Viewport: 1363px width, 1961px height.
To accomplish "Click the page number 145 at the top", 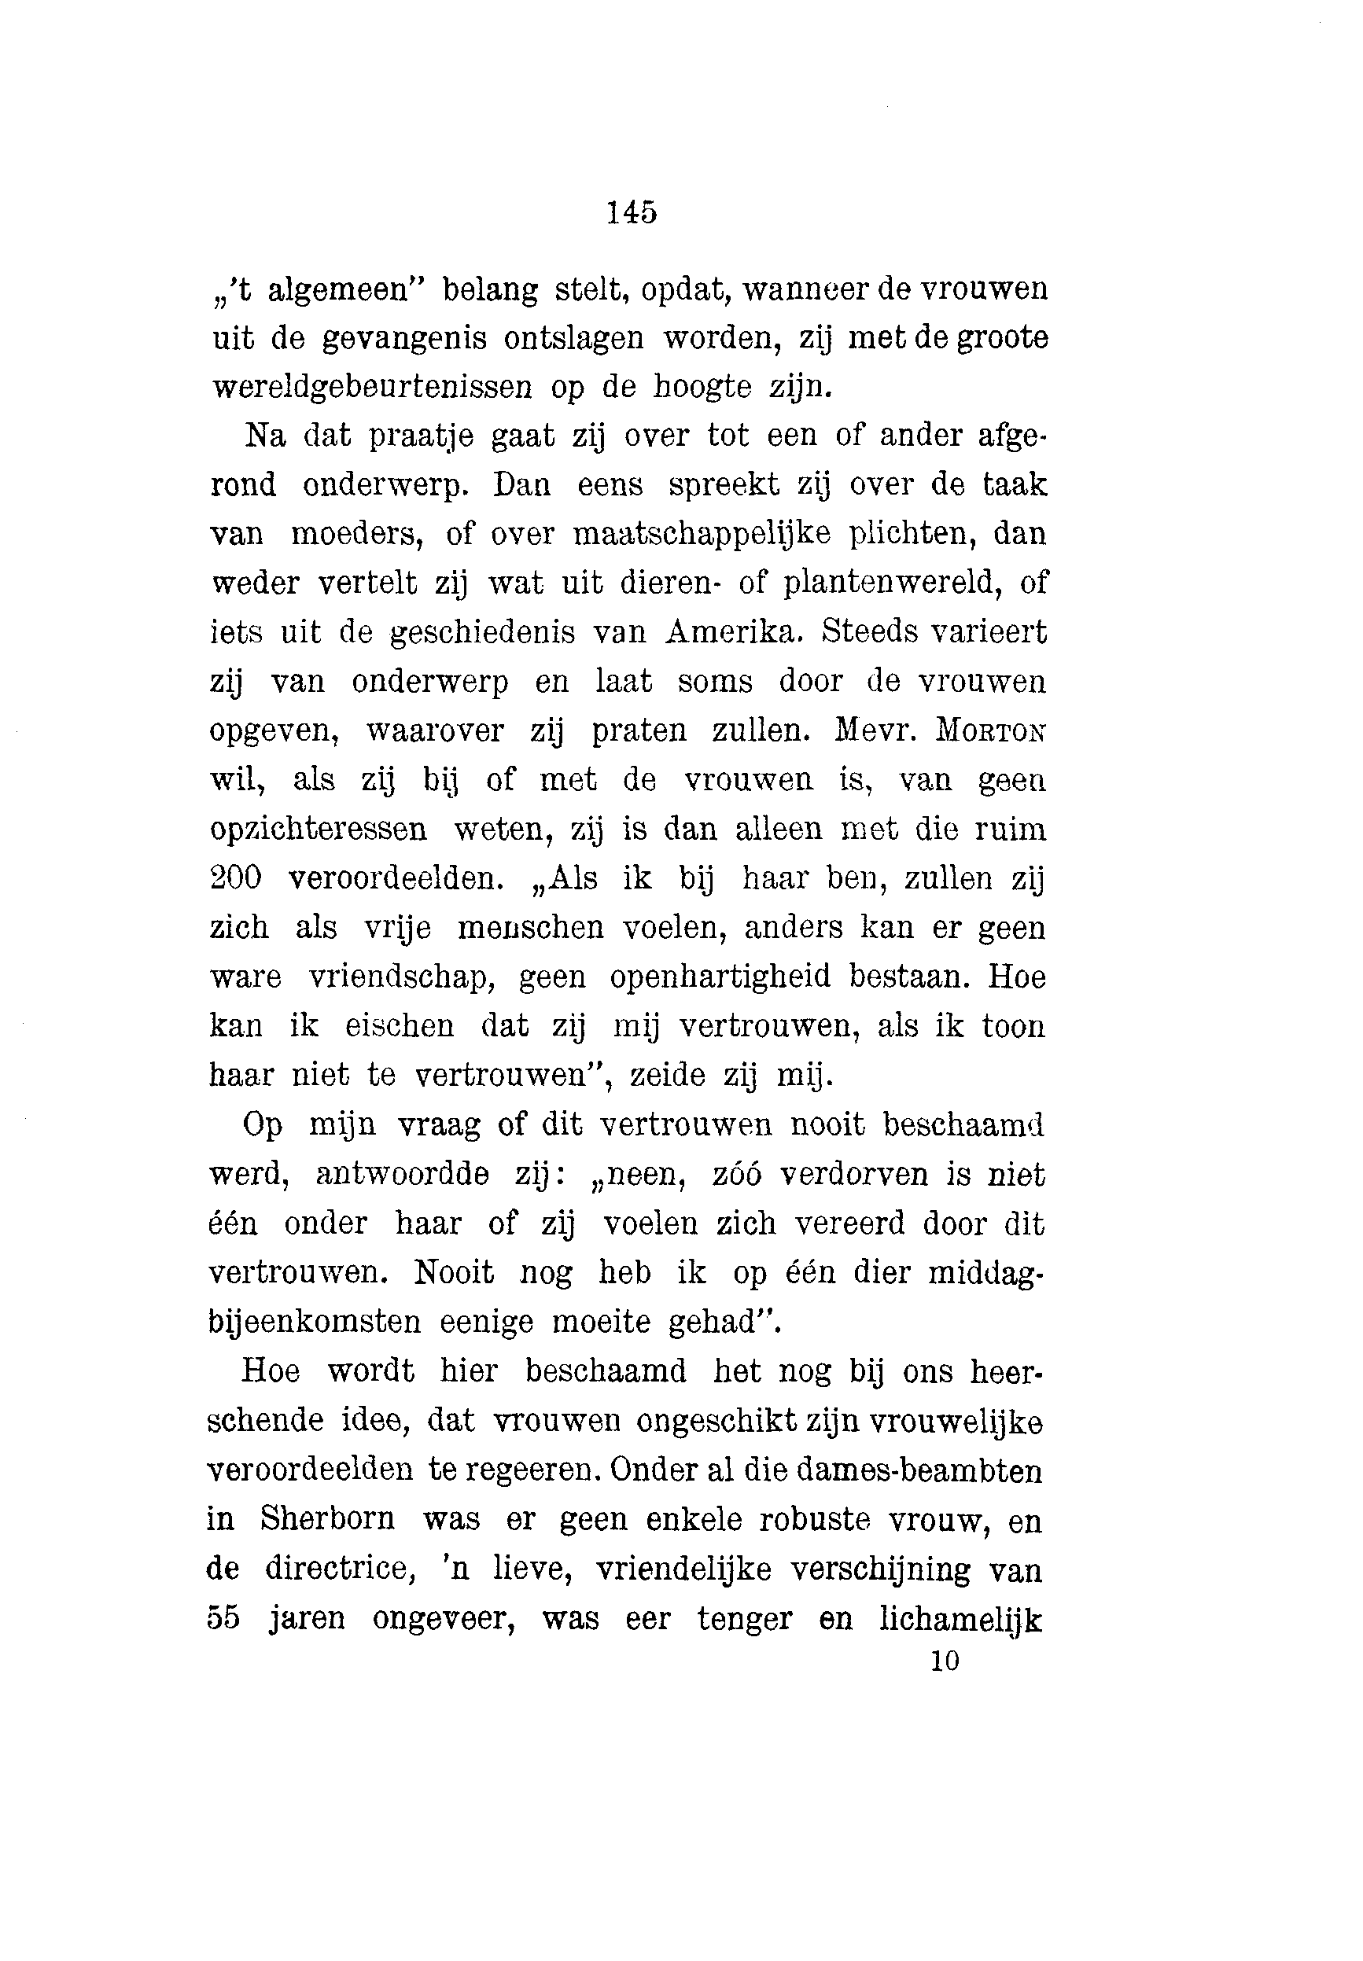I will tap(632, 212).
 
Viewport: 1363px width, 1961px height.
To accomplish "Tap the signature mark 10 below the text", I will tap(945, 1661).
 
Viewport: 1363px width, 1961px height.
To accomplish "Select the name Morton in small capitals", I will tap(991, 731).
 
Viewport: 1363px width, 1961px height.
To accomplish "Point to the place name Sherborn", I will tap(327, 1519).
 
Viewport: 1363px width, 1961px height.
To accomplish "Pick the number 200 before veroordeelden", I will tap(236, 878).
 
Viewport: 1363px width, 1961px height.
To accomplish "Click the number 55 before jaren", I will tap(223, 1619).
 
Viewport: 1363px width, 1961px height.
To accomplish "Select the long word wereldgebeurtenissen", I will tap(371, 388).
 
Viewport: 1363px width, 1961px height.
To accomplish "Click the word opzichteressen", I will tap(318, 830).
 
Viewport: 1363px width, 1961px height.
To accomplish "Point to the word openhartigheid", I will tap(720, 977).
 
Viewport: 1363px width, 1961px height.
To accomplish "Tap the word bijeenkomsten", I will tap(315, 1323).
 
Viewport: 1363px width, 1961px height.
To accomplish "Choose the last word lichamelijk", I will tap(961, 1619).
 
